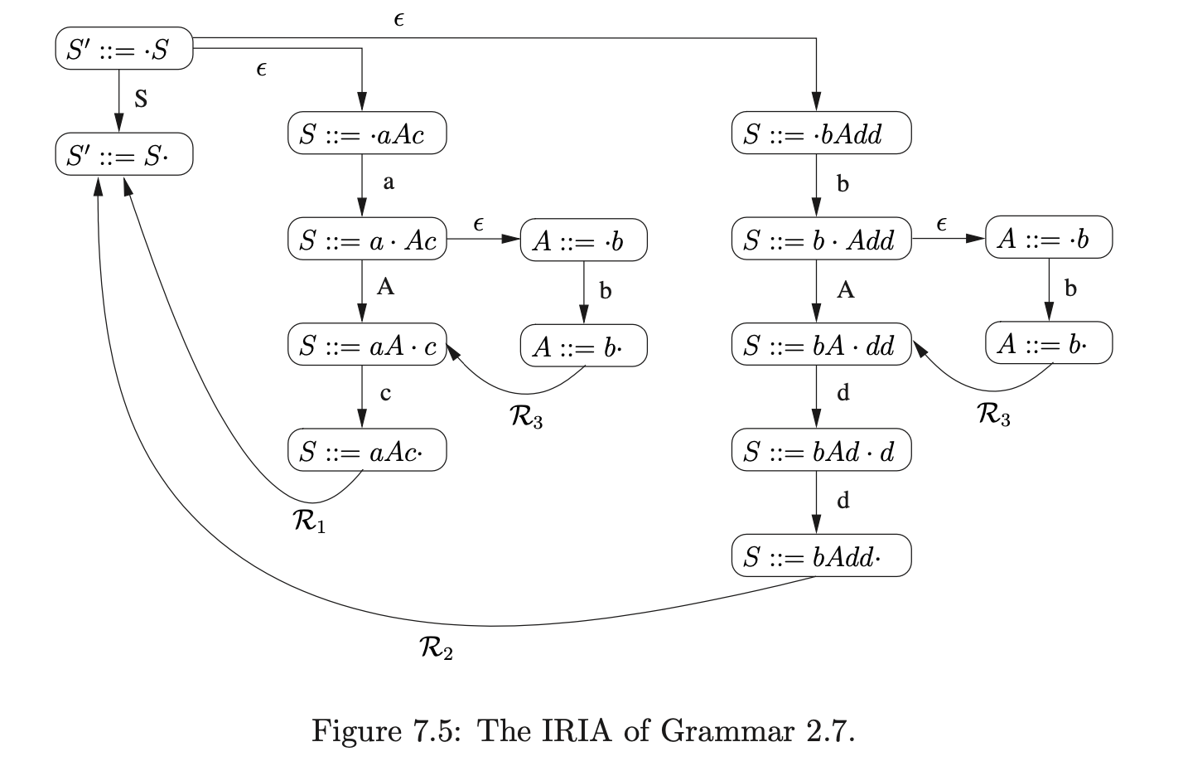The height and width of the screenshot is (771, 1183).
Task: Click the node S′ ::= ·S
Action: point(123,50)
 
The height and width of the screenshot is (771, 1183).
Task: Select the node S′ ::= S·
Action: point(123,155)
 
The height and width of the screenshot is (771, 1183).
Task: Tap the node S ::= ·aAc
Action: point(367,133)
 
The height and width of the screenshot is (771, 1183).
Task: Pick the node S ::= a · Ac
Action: point(367,240)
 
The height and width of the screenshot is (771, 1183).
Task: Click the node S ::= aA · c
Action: point(367,346)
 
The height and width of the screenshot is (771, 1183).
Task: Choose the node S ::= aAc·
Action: point(367,452)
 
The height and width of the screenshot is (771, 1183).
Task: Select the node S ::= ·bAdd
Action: point(821,133)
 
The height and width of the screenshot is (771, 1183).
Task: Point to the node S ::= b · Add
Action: point(821,240)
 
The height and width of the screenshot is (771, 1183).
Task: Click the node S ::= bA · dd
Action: point(821,346)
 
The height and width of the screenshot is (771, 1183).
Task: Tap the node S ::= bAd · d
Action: point(821,452)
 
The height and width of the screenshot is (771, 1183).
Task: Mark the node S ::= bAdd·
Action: point(821,556)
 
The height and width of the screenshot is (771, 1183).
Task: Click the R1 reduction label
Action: point(309,522)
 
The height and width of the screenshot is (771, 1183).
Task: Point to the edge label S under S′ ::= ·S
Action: point(141,100)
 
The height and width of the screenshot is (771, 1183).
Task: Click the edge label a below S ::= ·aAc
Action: point(388,183)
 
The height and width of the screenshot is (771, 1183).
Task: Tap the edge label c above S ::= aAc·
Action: point(385,394)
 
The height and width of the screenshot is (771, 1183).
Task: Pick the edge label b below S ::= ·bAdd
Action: point(843,184)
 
